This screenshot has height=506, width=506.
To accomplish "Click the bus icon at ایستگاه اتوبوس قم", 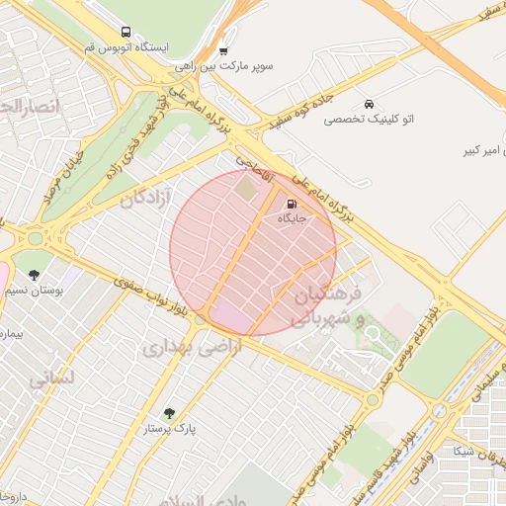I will tap(124, 33).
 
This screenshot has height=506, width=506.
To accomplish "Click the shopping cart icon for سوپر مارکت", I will tap(224, 50).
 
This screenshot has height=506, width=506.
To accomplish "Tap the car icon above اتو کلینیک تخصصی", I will tap(369, 105).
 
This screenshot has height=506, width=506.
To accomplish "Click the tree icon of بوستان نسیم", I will tap(35, 275).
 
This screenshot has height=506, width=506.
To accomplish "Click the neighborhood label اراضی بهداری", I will tap(184, 348).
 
